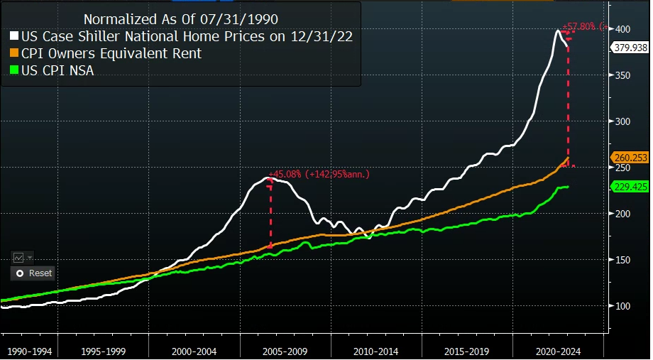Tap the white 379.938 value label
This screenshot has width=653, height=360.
pyautogui.click(x=630, y=48)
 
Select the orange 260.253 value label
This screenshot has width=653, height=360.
pyautogui.click(x=630, y=158)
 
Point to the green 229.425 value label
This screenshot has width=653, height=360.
pyautogui.click(x=630, y=186)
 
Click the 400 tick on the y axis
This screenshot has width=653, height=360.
pyautogui.click(x=623, y=29)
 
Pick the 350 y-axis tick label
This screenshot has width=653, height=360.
pyautogui.click(x=623, y=75)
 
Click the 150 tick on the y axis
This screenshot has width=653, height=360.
pyautogui.click(x=623, y=260)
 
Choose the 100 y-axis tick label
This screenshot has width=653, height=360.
pyautogui.click(x=623, y=306)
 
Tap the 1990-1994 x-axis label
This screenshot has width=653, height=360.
pyautogui.click(x=29, y=350)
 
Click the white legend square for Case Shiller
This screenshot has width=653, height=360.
pyautogui.click(x=14, y=36)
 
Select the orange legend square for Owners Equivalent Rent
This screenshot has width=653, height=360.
pyautogui.click(x=14, y=53)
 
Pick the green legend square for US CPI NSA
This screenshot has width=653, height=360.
pyautogui.click(x=14, y=70)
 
